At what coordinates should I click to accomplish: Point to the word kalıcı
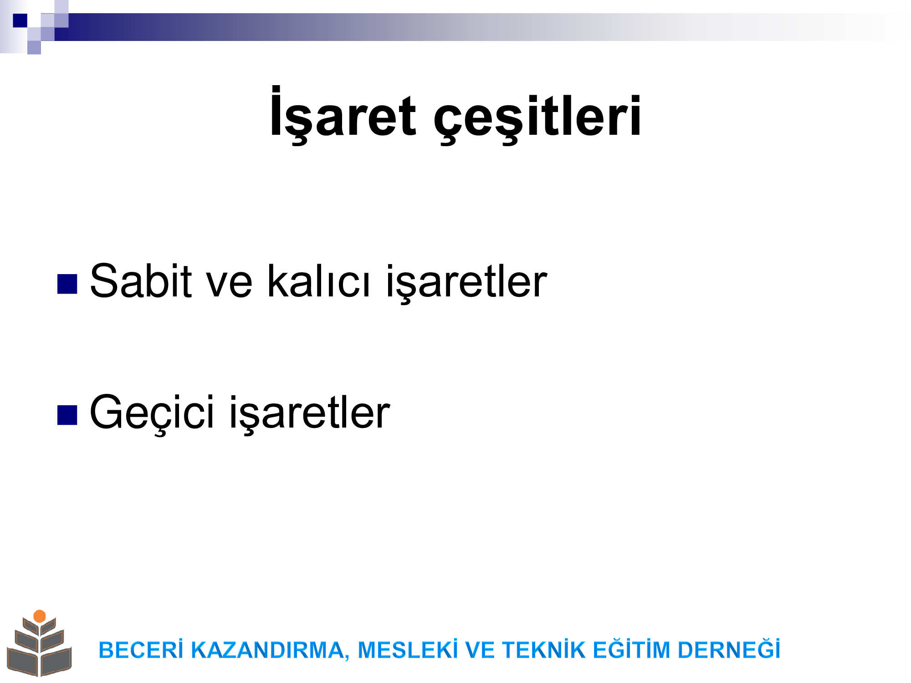318,281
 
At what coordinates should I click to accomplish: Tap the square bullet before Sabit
67,285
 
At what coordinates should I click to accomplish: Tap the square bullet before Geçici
67,415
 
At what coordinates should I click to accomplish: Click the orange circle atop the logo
40,616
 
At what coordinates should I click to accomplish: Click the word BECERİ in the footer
141,650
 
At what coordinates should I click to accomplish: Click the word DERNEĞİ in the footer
729,649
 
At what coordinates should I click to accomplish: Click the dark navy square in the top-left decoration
20,20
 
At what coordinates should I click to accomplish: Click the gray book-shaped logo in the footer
40,647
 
